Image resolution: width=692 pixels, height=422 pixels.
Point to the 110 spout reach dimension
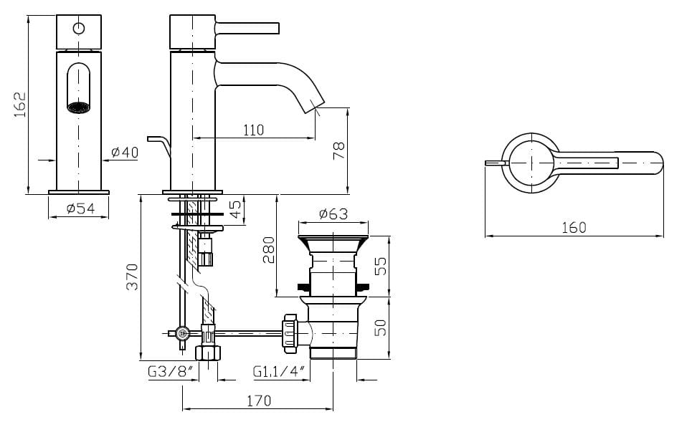[x=252, y=130]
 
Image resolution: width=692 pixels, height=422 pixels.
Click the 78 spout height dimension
[x=338, y=150]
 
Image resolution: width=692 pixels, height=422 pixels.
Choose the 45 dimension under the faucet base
[x=234, y=210]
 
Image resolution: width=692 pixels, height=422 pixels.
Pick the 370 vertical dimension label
[x=131, y=277]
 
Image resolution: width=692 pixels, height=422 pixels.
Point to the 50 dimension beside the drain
[x=381, y=327]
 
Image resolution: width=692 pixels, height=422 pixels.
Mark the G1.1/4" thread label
[x=279, y=372]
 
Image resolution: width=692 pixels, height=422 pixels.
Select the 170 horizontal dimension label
[x=258, y=401]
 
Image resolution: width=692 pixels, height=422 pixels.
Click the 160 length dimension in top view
[x=573, y=227]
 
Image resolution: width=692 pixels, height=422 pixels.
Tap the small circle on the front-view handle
[x=79, y=29]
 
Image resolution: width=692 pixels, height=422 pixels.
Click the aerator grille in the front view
[x=79, y=107]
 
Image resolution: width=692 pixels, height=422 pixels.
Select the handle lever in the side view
[x=247, y=27]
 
